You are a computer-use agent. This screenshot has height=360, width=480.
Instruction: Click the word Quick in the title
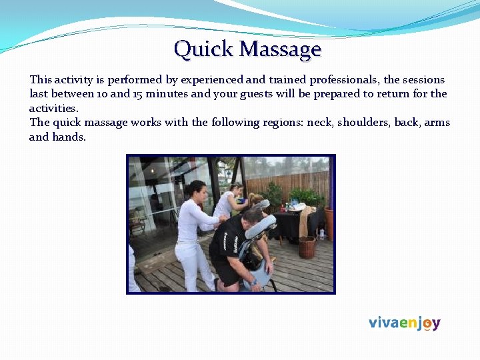click(203, 49)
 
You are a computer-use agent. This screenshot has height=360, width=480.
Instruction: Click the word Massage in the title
click(280, 49)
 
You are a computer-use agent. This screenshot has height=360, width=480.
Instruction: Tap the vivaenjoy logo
click(404, 323)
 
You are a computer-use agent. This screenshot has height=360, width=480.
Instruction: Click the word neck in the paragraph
click(319, 123)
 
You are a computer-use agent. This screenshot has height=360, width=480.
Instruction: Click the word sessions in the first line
click(423, 79)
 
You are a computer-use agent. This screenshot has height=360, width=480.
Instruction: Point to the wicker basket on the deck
click(307, 246)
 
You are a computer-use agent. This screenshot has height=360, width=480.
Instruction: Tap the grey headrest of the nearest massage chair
click(261, 227)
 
